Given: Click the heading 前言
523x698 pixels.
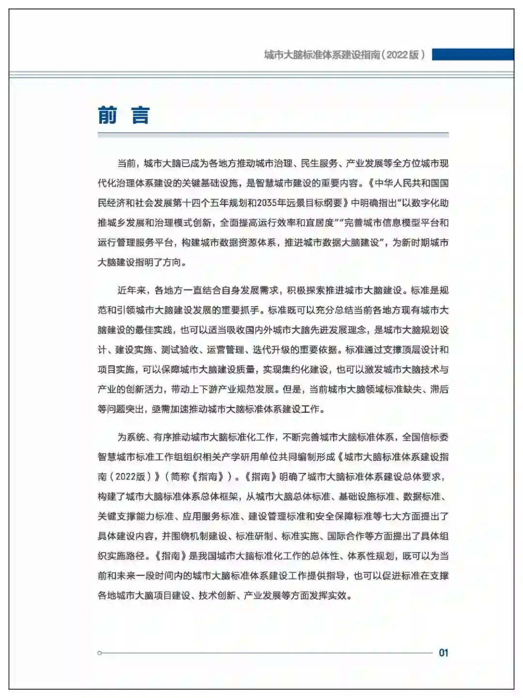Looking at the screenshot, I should click(x=123, y=116).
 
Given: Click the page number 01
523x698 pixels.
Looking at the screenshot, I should click(x=443, y=652).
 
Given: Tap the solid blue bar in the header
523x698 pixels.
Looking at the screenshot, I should click(x=472, y=54).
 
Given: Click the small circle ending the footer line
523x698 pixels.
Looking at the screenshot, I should click(x=100, y=653).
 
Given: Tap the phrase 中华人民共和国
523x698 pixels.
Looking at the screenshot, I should click(x=406, y=183).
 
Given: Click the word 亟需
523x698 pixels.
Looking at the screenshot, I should click(x=160, y=409).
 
